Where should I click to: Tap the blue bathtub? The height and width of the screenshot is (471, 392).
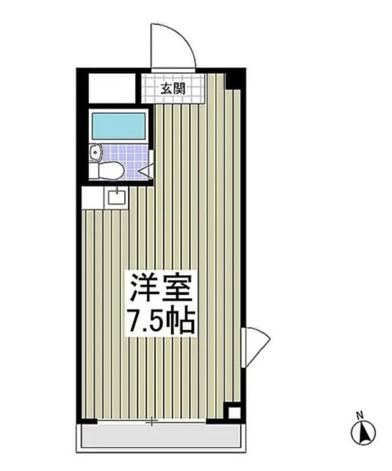[x=119, y=126]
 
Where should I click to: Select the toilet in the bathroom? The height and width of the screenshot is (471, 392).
[x=108, y=170]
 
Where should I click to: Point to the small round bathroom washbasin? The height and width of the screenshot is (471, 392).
[x=96, y=152]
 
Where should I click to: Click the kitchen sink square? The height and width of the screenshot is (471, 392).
[x=117, y=196]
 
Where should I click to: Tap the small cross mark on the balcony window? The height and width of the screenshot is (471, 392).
[x=152, y=423]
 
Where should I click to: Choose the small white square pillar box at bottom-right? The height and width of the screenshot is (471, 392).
[x=234, y=413]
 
